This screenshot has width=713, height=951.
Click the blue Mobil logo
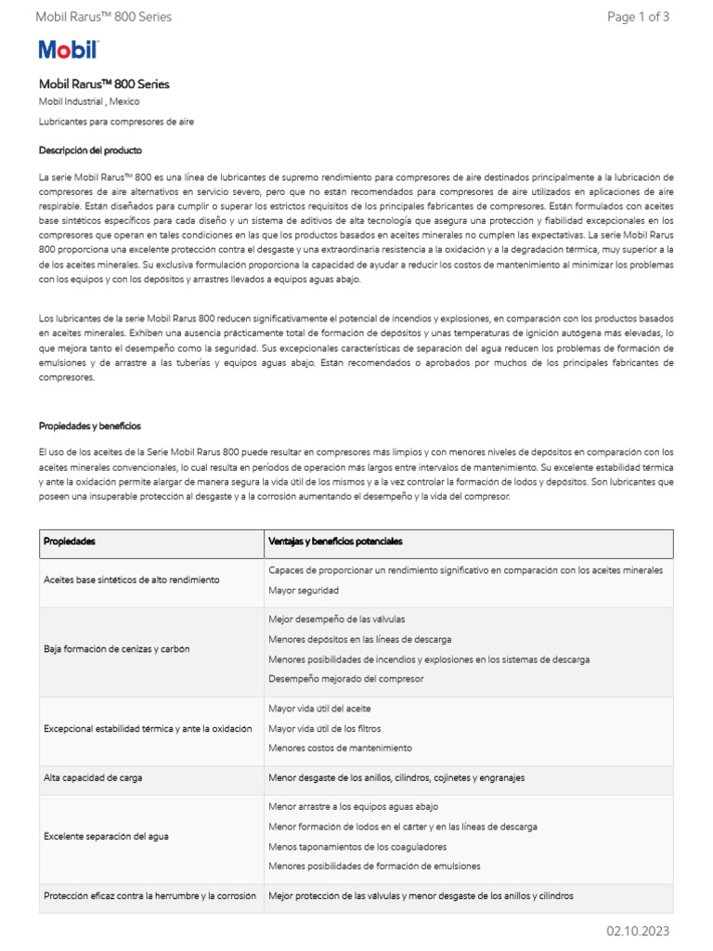[68, 50]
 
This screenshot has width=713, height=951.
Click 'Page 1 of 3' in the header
[638, 17]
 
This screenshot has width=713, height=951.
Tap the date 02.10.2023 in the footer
[638, 931]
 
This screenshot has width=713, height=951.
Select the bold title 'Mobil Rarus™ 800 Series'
[104, 84]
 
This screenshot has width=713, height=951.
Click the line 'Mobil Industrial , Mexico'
[89, 101]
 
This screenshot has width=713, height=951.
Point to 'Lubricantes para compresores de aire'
[116, 122]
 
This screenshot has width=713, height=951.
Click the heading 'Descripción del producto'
[90, 150]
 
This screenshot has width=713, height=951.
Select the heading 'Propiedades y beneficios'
[90, 425]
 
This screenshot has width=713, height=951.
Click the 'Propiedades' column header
[70, 541]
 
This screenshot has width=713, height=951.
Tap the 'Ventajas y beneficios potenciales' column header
[335, 541]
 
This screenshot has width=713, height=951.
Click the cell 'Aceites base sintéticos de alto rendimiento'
[132, 580]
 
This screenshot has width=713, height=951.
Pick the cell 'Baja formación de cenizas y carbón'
[117, 649]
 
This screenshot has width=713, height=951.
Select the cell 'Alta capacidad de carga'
[93, 777]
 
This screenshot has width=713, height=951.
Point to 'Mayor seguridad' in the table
[304, 590]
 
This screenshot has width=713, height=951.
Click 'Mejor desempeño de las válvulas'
[336, 619]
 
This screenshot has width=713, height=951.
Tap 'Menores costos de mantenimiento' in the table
[340, 748]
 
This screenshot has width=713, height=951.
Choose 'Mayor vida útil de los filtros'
[324, 728]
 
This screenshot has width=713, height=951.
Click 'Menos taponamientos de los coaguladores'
[357, 846]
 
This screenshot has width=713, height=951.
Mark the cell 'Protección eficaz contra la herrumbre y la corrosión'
[149, 896]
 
